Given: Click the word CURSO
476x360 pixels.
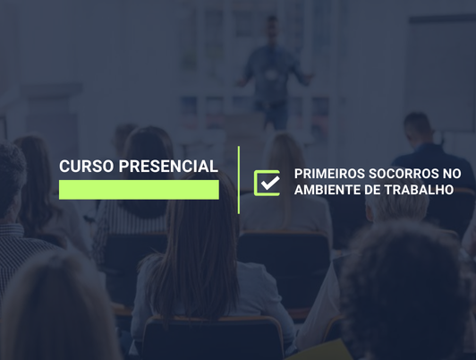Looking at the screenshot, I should pyautogui.click(x=86, y=167).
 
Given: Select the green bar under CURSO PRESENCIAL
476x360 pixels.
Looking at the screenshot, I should pyautogui.click(x=139, y=189).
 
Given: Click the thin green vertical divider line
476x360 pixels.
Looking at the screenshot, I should pyautogui.click(x=239, y=180).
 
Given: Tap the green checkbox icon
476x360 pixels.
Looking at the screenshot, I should pyautogui.click(x=267, y=182).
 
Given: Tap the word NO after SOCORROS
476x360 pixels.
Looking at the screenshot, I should pyautogui.click(x=452, y=174).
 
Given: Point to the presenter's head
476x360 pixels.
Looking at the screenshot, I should pyautogui.click(x=272, y=29).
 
